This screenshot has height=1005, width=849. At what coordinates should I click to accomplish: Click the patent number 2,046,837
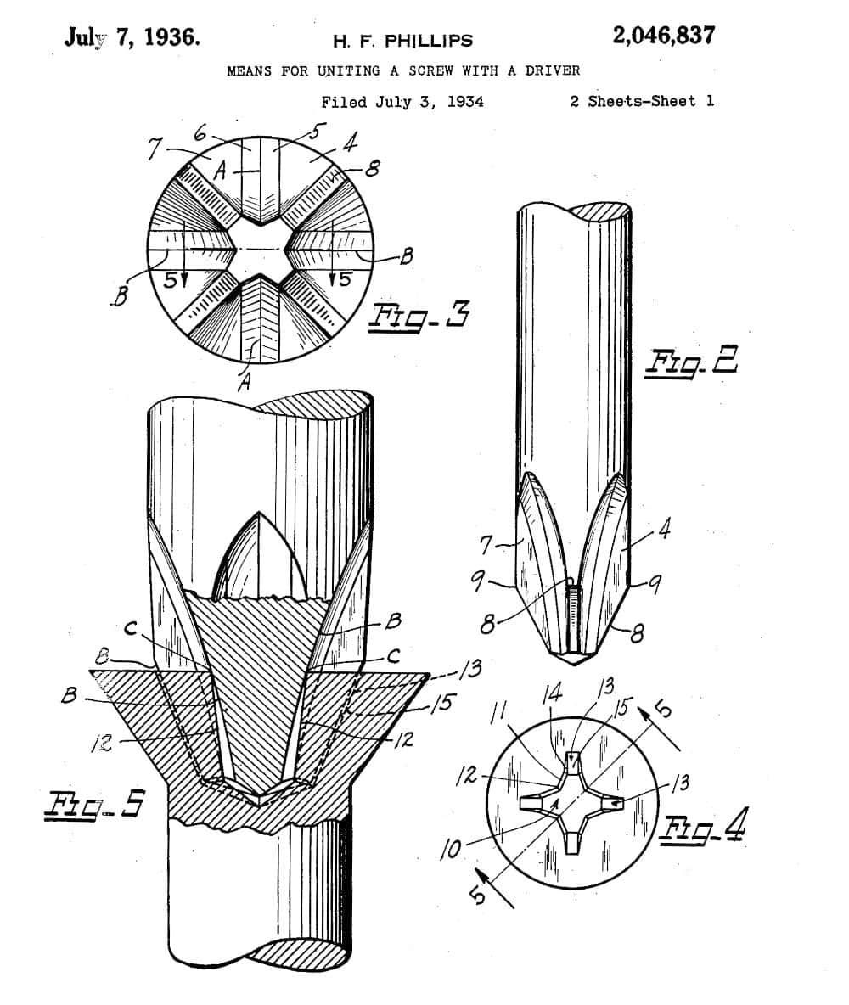click(663, 36)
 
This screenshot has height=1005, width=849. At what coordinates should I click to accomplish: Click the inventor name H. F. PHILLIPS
click(403, 40)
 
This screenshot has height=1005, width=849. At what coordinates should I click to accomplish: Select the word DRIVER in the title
click(552, 70)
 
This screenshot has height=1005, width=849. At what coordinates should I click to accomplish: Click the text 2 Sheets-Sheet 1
click(641, 101)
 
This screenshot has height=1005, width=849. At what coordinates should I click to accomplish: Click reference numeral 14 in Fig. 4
click(553, 694)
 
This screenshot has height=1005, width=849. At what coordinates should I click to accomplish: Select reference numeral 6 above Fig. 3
click(201, 133)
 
